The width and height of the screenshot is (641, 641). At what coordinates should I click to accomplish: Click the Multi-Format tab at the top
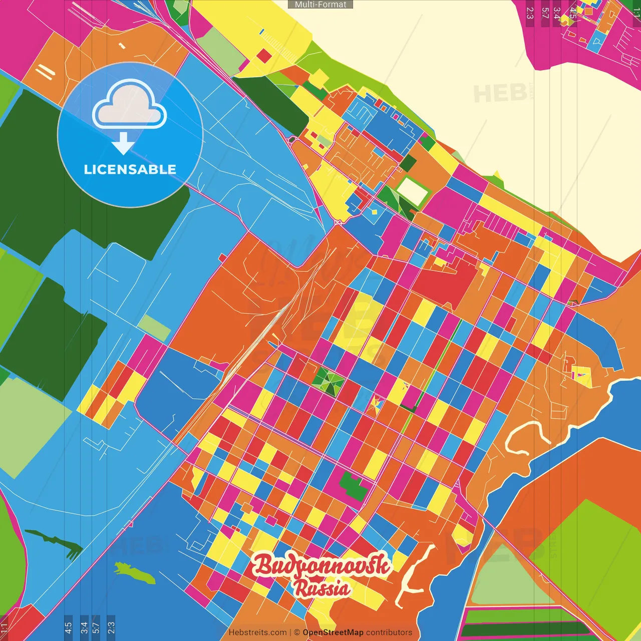320,5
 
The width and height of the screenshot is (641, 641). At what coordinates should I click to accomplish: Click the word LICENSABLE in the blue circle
130,169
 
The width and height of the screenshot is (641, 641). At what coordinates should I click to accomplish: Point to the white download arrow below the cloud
123,144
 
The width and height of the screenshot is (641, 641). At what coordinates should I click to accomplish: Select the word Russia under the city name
322,588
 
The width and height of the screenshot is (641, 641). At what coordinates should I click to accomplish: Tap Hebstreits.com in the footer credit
257,632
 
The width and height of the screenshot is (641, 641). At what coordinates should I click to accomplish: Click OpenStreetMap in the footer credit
333,632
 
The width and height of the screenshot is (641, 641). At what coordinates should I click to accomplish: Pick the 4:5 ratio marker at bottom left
68,627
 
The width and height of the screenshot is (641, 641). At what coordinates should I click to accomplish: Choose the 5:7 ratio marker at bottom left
96,627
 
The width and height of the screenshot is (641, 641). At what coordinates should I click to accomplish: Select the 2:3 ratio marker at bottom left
111,627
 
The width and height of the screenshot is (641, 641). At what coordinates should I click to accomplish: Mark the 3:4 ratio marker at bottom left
84,627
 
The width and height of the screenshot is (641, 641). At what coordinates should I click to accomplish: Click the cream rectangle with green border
413,191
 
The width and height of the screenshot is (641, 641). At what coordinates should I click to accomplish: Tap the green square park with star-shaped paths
328,382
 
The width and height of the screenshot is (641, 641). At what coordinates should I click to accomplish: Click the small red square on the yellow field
264,56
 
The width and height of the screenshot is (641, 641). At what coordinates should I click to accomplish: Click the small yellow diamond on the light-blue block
374,212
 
